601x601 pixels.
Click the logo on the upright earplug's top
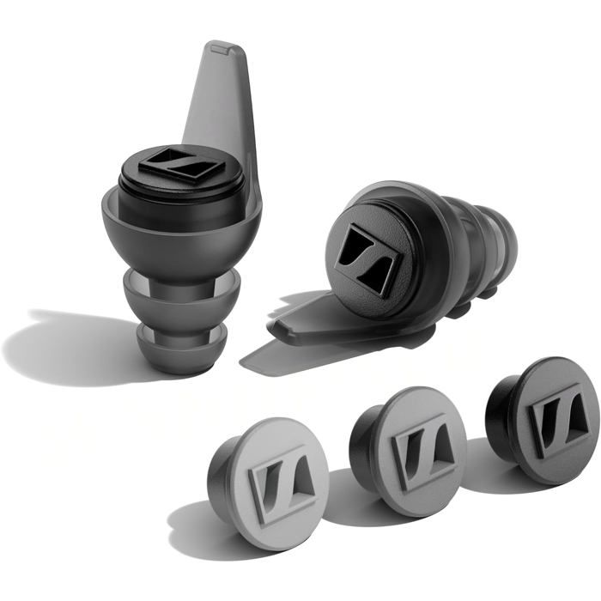(182, 164)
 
